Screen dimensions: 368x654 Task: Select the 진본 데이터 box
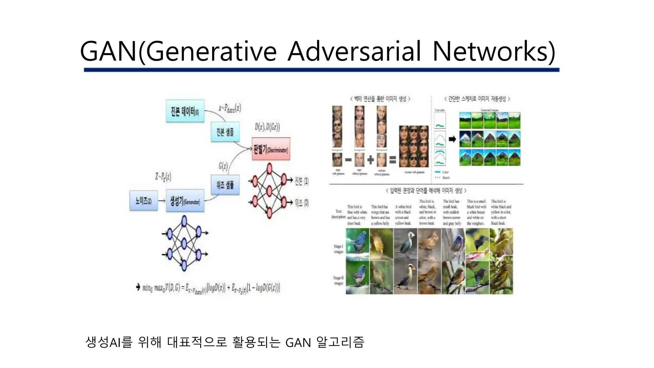click(185, 111)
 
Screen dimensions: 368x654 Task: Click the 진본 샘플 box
click(225, 132)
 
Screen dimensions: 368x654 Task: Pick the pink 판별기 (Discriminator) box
click(271, 149)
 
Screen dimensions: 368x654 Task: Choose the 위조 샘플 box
click(225, 185)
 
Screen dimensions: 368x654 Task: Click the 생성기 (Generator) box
click(185, 201)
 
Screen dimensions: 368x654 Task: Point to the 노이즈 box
click(143, 201)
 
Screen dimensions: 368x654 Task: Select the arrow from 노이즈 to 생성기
click(162, 201)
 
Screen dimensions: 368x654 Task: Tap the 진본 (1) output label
click(301, 181)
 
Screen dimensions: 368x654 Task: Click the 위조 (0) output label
click(301, 203)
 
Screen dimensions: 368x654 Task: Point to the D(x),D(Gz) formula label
click(267, 127)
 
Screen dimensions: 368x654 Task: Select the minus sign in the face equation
click(348, 159)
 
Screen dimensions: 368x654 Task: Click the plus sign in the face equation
click(370, 159)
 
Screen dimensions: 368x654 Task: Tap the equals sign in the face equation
click(392, 159)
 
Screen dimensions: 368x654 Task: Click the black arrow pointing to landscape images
click(452, 139)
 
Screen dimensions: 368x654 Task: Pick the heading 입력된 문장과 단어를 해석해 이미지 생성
click(426, 191)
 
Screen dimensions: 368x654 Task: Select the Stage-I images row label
click(338, 249)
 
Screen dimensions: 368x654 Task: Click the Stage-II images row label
click(338, 280)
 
